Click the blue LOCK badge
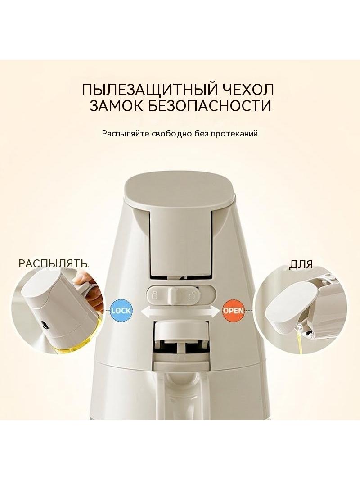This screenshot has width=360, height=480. (121, 310)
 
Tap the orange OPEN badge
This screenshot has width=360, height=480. (234, 310)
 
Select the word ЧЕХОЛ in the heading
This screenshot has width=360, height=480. (246, 90)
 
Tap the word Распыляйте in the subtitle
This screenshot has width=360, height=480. (126, 134)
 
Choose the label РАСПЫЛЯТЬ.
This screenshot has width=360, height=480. (54, 263)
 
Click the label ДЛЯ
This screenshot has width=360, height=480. (301, 265)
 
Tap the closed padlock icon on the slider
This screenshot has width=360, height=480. (155, 296)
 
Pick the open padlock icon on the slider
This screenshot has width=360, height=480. (193, 296)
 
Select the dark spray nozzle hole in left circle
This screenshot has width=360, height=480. (45, 325)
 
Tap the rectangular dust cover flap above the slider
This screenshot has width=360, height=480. (180, 242)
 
